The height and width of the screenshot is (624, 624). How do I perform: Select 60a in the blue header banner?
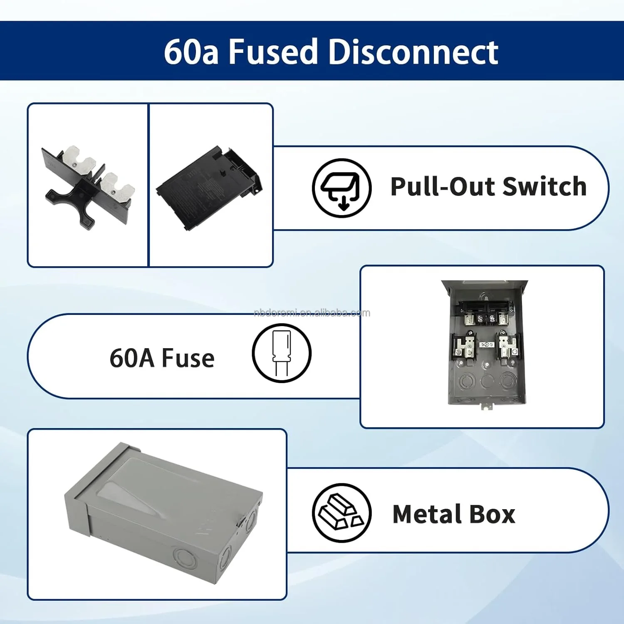coord(191,52)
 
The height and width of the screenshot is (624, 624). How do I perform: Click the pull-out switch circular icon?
coord(342,188)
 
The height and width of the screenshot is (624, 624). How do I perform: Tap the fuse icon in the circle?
coord(281,353)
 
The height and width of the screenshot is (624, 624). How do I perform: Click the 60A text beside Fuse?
coord(132,358)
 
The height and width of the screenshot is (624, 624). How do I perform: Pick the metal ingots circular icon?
coord(342,513)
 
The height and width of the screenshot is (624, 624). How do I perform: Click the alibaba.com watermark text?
coord(312,313)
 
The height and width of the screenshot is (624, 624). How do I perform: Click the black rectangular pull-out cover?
coord(208,187)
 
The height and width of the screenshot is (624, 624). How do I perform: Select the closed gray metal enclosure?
coord(162,512)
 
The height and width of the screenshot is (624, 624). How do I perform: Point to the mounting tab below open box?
coord(485,406)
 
